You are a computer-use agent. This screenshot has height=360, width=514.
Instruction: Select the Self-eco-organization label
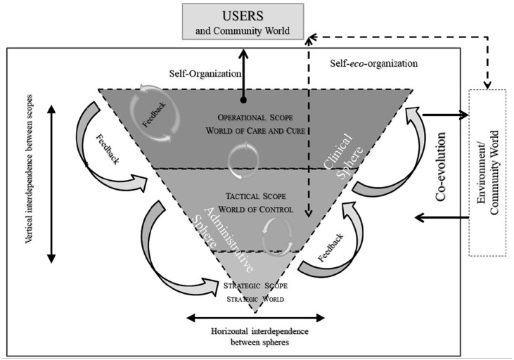pyautogui.click(x=373, y=63)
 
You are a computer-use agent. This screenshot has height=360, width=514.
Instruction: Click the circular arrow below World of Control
pyautogui.click(x=276, y=234)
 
